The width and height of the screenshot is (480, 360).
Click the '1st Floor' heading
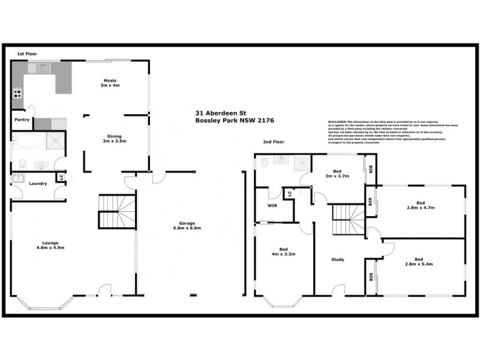pos(27,54)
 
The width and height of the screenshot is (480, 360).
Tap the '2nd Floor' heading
pos(274,142)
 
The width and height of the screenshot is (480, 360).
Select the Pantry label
pos(22,119)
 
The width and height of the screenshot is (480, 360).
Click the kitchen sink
pos(43,68)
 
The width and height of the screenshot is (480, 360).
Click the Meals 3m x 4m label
pos(110,83)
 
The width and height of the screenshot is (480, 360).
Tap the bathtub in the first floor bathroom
pos(28,142)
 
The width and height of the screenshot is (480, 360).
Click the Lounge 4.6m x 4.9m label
pos(50,245)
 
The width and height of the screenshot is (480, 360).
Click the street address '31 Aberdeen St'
pos(218,112)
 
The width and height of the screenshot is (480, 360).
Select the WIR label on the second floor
pos(272,205)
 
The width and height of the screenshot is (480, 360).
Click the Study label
pos(338,260)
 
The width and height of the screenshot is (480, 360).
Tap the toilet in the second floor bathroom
pos(264,161)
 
